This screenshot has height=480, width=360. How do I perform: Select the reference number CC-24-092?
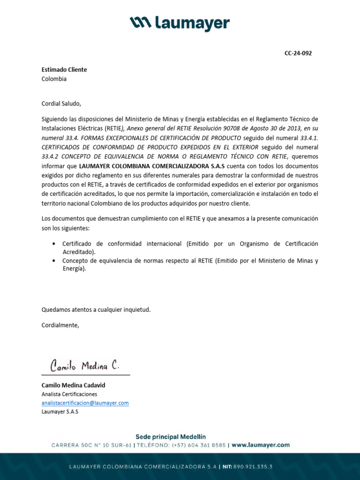[x=298, y=53]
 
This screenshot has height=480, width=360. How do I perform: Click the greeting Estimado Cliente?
[x=64, y=69]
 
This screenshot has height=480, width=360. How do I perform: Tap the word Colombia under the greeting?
[x=54, y=79]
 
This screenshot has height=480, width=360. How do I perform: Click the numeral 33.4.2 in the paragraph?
[x=52, y=157]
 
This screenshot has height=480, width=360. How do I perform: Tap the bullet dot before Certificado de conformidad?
[x=54, y=244]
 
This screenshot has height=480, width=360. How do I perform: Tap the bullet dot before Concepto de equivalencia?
[x=54, y=261]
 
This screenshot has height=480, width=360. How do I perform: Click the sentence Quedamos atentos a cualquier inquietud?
[x=96, y=310]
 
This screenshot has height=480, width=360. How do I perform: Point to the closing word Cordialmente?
[x=60, y=325]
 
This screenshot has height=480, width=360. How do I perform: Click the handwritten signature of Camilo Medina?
[x=85, y=365]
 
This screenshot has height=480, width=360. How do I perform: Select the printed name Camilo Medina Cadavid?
[x=73, y=385]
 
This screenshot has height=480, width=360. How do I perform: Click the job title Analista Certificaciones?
[x=69, y=394]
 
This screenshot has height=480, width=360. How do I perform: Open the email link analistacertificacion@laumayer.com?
[x=85, y=403]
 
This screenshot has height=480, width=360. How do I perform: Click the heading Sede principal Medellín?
[x=171, y=436]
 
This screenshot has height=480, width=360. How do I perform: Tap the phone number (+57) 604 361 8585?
[x=199, y=445]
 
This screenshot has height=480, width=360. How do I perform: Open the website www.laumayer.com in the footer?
[x=261, y=445]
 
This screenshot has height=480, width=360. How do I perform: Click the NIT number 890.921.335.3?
[x=254, y=467]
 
